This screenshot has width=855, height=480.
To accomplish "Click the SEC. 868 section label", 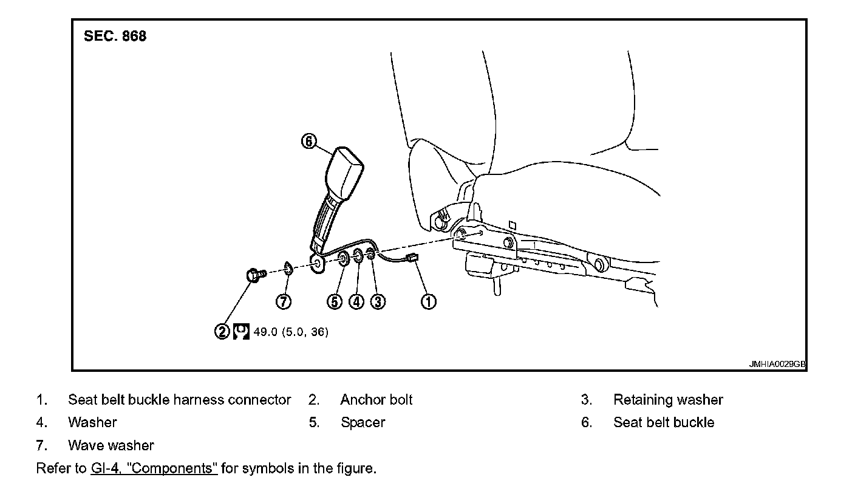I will pos(115,36).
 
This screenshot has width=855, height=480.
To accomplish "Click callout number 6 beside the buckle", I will pos(309,142).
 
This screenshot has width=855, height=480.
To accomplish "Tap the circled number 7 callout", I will pos(284,301).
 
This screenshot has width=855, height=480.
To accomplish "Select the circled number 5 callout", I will pos(335,301).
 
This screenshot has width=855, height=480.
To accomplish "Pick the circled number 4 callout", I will pos(356,301).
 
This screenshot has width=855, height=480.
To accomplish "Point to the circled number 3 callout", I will pos(378,301).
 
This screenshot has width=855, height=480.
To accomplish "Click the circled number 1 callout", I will pos(429,301).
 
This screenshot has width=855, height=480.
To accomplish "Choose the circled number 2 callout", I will pos(222,332).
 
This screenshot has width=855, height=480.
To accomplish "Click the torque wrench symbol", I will pos(241,332).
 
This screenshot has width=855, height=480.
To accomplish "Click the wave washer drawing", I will pos(288,267).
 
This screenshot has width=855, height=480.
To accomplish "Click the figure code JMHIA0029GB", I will pos(777,365).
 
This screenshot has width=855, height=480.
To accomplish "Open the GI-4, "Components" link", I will pos(154,469).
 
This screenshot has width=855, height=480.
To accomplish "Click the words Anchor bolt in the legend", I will pos(376,400).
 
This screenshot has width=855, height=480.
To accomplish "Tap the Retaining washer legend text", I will pos(668,400).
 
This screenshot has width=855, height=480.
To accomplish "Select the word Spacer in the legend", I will pos(363,422).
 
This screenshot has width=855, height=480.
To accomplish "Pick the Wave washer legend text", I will pos(111,445).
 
